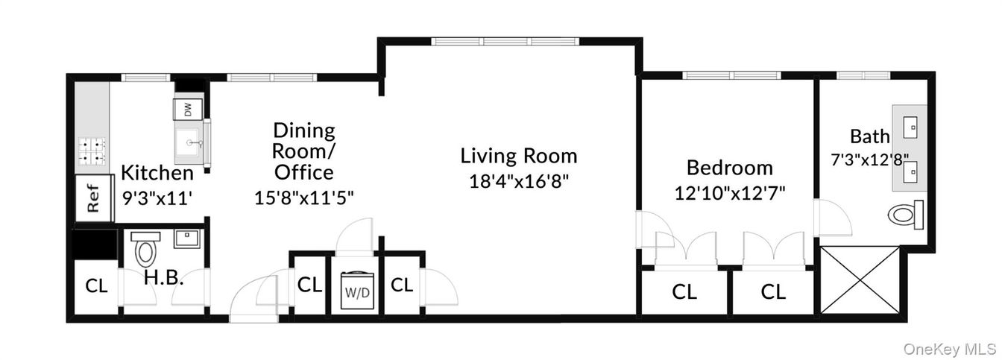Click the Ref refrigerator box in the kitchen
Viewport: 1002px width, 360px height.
click(x=93, y=198)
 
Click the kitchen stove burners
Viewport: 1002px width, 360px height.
click(x=92, y=151)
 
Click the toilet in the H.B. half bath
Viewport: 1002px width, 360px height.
click(x=145, y=249)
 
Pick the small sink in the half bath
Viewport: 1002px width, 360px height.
click(x=184, y=239)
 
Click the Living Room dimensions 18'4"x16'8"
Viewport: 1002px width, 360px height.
click(x=518, y=180)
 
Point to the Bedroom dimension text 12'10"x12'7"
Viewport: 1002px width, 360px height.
click(x=730, y=192)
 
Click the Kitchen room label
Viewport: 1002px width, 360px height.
click(x=157, y=173)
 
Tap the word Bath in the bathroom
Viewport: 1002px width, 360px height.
click(x=869, y=136)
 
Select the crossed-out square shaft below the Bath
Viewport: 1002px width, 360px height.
click(x=860, y=280)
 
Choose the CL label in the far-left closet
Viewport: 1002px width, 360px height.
click(x=95, y=285)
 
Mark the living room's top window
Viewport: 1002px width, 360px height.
click(x=505, y=42)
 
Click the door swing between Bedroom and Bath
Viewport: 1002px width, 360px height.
click(x=834, y=218)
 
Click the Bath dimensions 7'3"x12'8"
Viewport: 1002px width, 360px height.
click(x=869, y=159)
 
